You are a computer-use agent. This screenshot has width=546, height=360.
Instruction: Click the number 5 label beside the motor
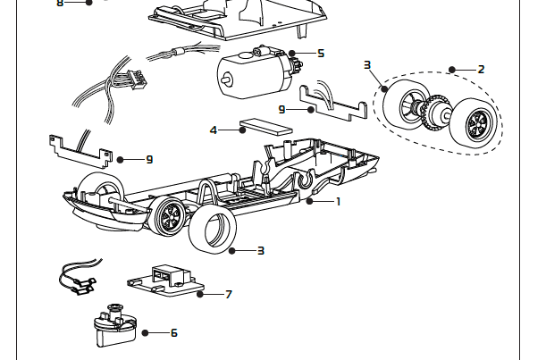click(x=320, y=54)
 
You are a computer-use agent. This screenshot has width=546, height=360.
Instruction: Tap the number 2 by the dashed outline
click(x=481, y=69)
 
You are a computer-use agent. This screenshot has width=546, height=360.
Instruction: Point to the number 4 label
click(x=213, y=130)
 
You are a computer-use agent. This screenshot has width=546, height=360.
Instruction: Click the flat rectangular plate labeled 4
click(x=266, y=124)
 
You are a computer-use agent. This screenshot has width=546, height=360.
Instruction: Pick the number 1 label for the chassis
click(x=338, y=202)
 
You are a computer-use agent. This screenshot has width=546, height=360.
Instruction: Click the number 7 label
click(x=229, y=294)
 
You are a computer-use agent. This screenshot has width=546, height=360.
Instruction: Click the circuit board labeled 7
click(x=164, y=280)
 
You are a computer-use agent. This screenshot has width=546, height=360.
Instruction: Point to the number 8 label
click(x=61, y=3)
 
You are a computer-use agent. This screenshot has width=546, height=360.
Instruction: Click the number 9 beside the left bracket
click(x=149, y=159)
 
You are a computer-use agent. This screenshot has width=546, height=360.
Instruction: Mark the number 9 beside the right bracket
click(x=281, y=109)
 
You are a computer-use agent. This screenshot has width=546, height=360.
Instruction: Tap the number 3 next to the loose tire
click(x=260, y=251)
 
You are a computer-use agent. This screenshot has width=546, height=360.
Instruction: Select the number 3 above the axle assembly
click(x=367, y=65)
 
